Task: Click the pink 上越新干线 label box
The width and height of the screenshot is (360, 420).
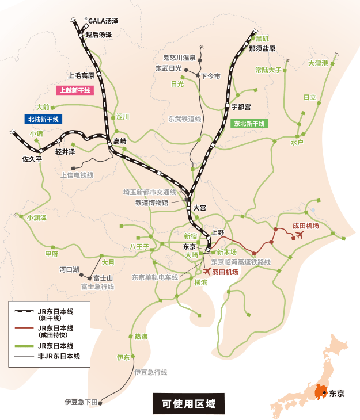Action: coord(73,90)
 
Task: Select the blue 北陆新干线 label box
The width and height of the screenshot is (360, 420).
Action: coord(43,119)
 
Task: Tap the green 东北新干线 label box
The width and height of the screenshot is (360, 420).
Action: coord(249,124)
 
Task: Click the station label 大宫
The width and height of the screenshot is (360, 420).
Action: coord(199,207)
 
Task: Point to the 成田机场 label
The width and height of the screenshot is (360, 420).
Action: coord(305,226)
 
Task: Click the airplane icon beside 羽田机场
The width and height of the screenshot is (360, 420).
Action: coord(207,272)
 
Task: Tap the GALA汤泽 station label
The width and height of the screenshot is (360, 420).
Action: coord(103,21)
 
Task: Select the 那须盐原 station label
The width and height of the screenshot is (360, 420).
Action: coord(262,49)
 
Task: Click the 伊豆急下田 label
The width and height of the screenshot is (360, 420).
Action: coord(81,402)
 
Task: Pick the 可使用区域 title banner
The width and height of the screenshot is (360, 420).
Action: coord(188,404)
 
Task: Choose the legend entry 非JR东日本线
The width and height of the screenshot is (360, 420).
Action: coord(58,357)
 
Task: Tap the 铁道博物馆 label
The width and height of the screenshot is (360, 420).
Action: coord(151,203)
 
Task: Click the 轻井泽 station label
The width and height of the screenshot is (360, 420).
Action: coord(65,152)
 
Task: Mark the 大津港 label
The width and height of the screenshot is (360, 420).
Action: coord(317,63)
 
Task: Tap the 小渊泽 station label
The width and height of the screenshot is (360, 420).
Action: coord(36,218)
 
